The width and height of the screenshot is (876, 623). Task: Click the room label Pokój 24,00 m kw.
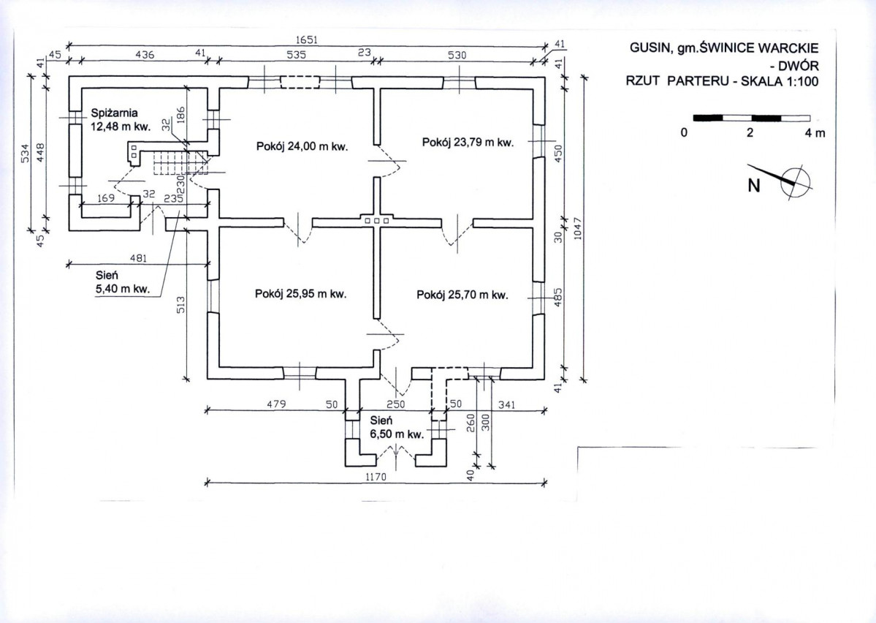coord(302,146)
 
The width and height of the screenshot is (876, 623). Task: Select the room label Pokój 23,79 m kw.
coord(468,143)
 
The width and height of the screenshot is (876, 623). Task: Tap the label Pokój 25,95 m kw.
coord(300,294)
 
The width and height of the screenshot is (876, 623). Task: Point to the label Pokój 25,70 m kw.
coord(462,295)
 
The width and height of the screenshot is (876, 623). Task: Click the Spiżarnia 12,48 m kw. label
coord(121,120)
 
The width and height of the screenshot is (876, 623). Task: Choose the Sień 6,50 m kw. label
coord(397,427)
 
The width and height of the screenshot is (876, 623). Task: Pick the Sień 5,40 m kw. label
coord(123,282)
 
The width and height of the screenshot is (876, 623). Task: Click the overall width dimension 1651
coord(307,39)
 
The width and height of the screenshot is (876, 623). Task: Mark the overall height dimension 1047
coord(578,228)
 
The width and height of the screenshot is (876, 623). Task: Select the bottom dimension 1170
coord(376,477)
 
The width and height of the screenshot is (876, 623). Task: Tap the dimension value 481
coord(138,258)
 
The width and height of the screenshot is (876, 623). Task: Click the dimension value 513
coord(181,305)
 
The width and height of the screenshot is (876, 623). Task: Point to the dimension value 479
coord(277,404)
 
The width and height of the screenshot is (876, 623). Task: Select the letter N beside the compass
coord(754,185)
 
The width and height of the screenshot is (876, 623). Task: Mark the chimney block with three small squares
coord(377,220)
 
